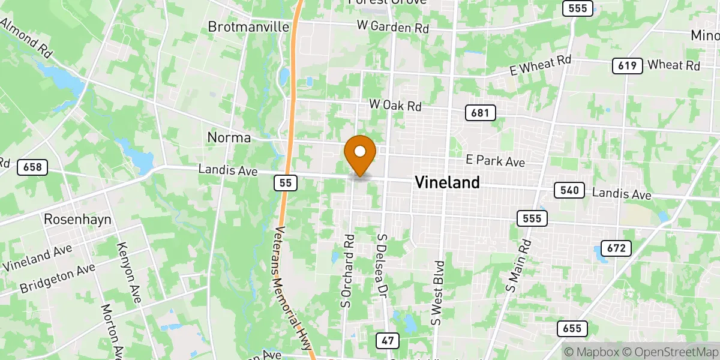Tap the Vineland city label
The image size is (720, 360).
click(447, 182)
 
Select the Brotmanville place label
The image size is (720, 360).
click(248, 27)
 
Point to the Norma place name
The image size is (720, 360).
click(229, 137)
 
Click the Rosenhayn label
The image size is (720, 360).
click(77, 220)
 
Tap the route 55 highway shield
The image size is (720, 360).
click(287, 182)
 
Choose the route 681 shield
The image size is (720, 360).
click(480, 112)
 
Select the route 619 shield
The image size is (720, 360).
click(627, 66)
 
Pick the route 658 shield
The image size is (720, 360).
click(32, 167)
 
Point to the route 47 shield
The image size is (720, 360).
click(388, 341)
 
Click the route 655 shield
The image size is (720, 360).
click(572, 328)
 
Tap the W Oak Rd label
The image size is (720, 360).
click(395, 106)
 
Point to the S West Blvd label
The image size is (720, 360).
click(437, 292)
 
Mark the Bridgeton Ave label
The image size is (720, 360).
click(58, 277)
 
